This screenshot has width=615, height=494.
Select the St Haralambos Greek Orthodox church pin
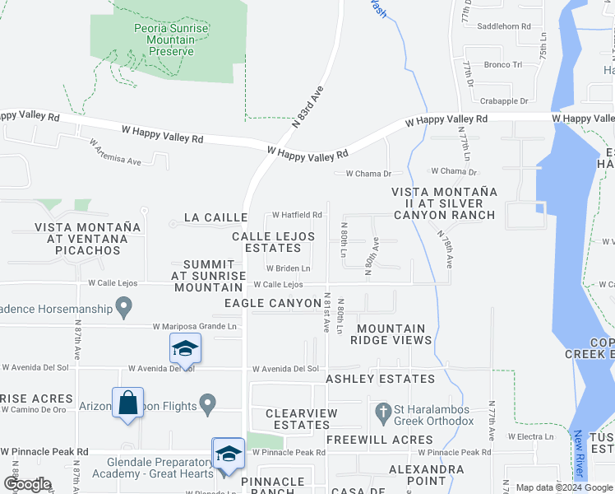(x=382, y=410)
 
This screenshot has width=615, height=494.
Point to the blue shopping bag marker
(x=127, y=403)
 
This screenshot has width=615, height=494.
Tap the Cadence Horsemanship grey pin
(x=124, y=309)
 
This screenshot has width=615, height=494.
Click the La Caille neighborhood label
(x=215, y=217)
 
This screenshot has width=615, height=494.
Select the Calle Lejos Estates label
(x=273, y=242)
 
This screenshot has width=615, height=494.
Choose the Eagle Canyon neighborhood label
(x=273, y=304)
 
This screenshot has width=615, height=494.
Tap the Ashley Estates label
(x=380, y=380)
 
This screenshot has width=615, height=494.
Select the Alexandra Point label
(x=427, y=475)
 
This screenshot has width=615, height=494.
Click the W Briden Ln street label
(x=288, y=268)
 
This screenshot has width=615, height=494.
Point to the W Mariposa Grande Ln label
(x=195, y=327)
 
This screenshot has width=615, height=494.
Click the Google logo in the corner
(x=26, y=484)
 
